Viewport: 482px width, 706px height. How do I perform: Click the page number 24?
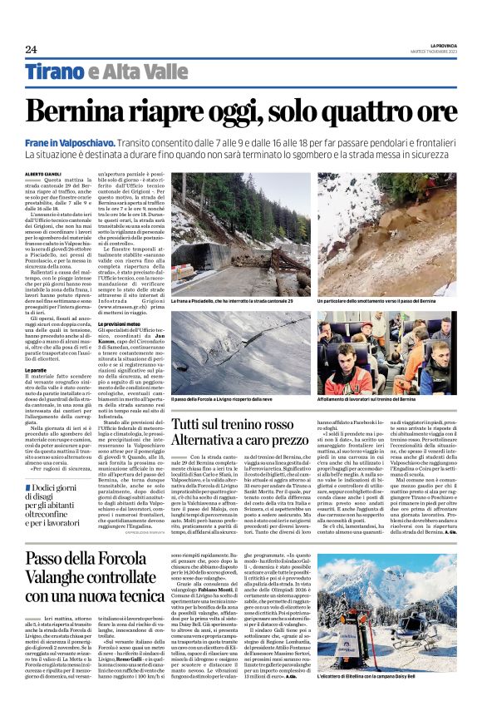31,49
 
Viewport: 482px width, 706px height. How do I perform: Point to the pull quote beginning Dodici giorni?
66,499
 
